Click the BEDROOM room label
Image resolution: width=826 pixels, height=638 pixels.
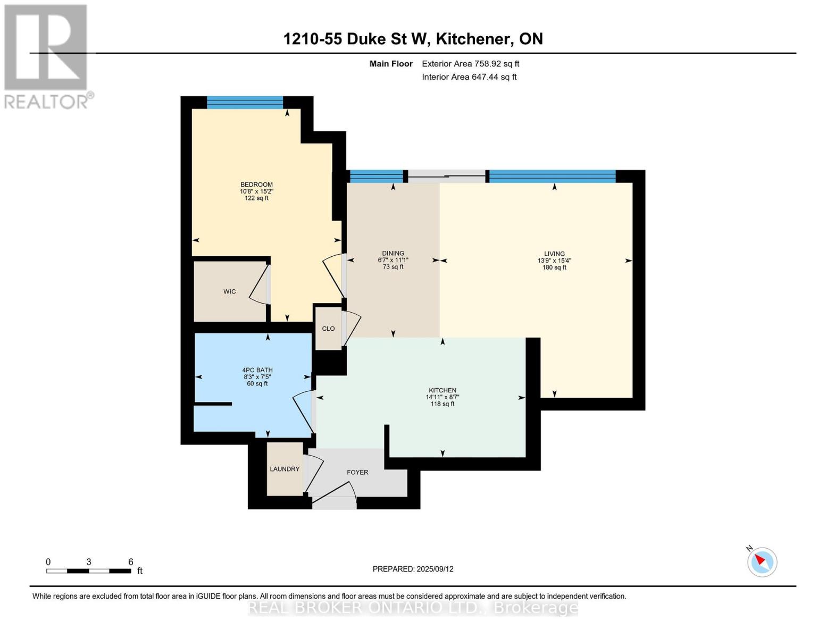tap(256, 184)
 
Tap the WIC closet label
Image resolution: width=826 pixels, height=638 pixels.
tap(229, 292)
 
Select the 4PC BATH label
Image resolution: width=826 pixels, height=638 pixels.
tap(257, 370)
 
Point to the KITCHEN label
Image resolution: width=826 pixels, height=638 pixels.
tap(443, 390)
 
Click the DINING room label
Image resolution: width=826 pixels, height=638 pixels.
tap(393, 253)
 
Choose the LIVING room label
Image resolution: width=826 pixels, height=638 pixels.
tap(554, 254)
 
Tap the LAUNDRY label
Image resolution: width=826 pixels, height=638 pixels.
tap(285, 469)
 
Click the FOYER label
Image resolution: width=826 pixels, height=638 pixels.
tap(357, 472)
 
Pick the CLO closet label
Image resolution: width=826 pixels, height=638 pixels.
tap(328, 329)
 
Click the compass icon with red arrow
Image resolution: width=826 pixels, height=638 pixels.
tap(762, 562)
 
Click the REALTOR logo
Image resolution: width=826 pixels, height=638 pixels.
tap(46, 56)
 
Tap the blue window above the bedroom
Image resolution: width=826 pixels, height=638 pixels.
tap(245, 103)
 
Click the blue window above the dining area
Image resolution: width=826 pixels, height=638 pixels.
tap(376, 176)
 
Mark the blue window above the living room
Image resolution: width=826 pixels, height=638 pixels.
tap(552, 176)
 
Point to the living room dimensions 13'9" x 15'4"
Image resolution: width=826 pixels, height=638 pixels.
tap(554, 261)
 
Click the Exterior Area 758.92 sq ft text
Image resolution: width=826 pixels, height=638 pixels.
tap(470, 64)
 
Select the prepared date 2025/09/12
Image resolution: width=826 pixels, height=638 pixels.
tap(413, 569)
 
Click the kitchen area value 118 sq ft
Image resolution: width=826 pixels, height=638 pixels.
tap(443, 404)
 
